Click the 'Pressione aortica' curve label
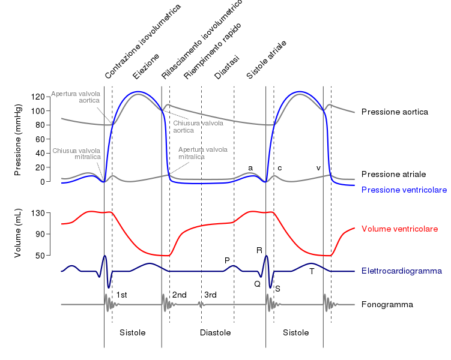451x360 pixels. (x=395, y=112)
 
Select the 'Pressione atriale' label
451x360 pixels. (x=394, y=174)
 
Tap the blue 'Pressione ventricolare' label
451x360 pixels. (x=404, y=190)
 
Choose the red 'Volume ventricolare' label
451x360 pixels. (x=399, y=229)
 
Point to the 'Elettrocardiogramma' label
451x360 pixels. (x=402, y=271)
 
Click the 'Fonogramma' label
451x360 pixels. (x=387, y=305)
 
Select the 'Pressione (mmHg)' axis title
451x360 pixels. (x=18, y=140)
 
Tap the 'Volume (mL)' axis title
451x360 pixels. (x=18, y=233)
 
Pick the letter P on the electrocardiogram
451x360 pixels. (x=227, y=260)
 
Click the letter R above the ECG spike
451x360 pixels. (x=259, y=250)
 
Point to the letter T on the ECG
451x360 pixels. (x=312, y=271)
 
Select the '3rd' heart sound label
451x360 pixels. (x=210, y=295)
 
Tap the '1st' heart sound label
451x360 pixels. (x=121, y=295)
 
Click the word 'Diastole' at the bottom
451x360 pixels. (x=216, y=332)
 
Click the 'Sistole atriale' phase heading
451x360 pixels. (x=267, y=61)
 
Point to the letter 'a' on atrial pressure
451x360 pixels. (x=250, y=167)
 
